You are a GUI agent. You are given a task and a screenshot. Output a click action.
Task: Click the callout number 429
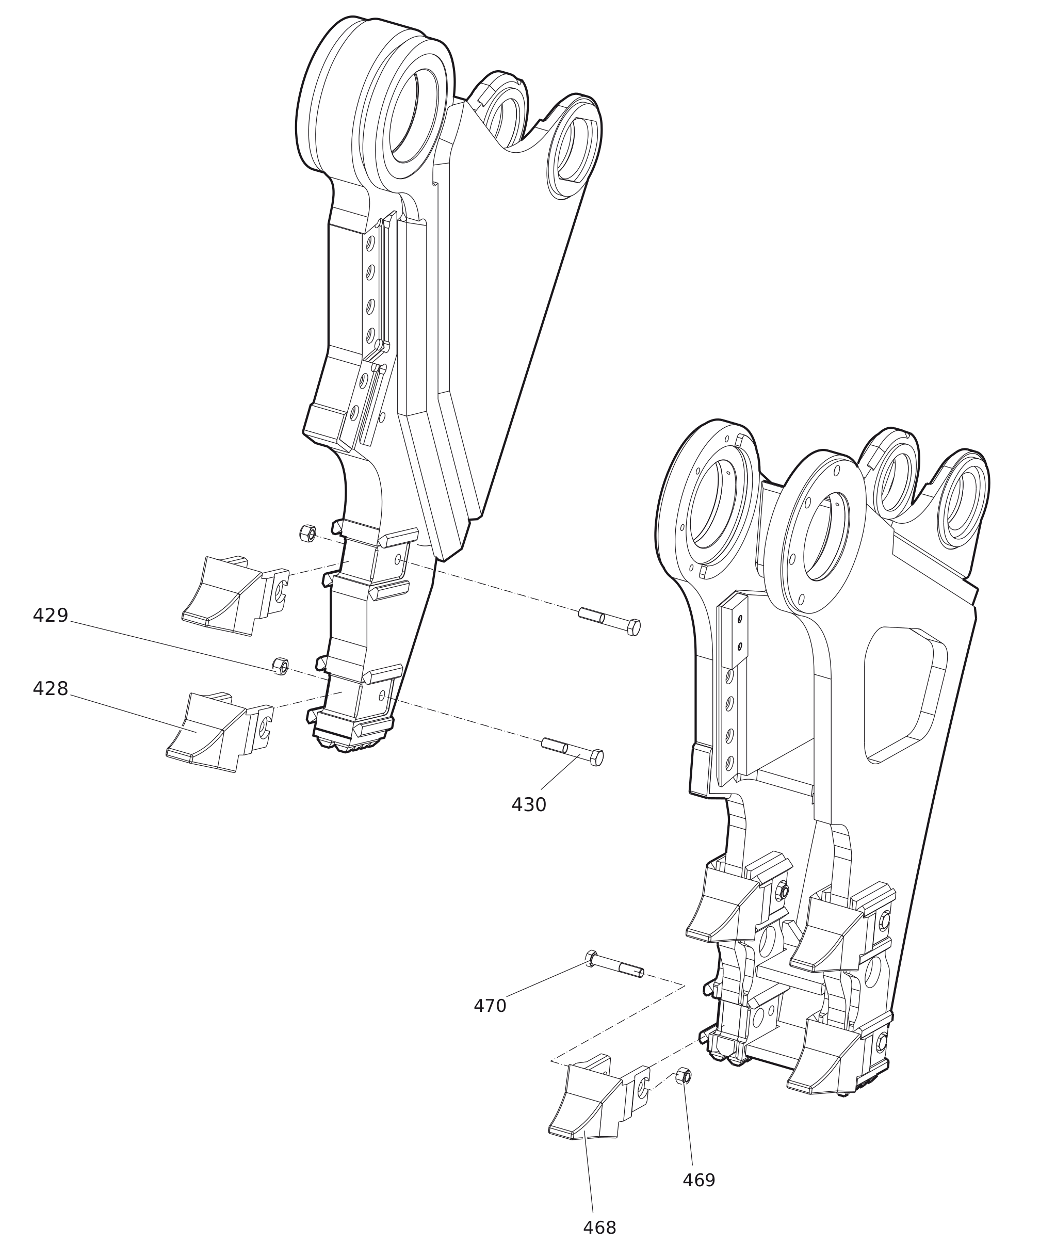click(x=50, y=616)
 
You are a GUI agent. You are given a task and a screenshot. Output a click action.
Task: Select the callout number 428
click(x=50, y=689)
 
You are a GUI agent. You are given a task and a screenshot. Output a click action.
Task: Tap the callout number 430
click(x=529, y=805)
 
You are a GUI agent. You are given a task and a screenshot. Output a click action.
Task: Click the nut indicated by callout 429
click(x=280, y=666)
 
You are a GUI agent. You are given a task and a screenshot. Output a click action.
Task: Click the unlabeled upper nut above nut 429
click(x=307, y=533)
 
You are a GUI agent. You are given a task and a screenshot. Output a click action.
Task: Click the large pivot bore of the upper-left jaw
click(x=414, y=115)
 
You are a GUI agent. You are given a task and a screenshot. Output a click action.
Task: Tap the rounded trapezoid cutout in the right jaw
click(x=904, y=695)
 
